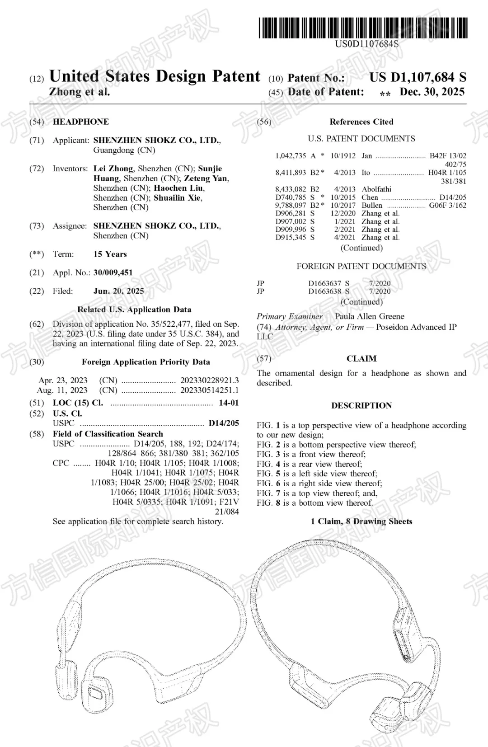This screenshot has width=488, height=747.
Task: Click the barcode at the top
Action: click(363, 28)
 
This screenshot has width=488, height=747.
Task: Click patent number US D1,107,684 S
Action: click(418, 78)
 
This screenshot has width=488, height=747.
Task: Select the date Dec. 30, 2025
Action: click(432, 92)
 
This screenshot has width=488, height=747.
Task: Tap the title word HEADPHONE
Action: click(80, 122)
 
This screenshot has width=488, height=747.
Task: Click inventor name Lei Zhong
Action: click(113, 169)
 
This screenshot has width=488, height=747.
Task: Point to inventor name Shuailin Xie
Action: click(178, 198)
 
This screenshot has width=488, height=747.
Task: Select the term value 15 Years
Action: click(110, 254)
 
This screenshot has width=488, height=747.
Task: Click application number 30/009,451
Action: click(113, 272)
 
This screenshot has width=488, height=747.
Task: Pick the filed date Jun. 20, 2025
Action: click(118, 291)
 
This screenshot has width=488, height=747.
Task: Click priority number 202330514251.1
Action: click(209, 390)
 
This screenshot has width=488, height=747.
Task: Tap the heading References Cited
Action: click(361, 122)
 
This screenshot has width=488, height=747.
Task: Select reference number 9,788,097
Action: click(291, 205)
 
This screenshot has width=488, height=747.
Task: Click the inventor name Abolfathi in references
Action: click(376, 189)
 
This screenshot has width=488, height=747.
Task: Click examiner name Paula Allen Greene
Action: click(370, 316)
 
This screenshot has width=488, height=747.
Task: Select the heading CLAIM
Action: click(361, 359)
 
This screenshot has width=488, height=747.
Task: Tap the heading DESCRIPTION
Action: click(361, 406)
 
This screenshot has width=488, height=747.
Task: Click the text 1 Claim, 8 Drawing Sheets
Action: click(361, 521)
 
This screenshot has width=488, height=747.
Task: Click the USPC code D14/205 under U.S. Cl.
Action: click(224, 423)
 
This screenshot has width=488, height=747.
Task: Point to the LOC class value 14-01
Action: click(229, 403)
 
